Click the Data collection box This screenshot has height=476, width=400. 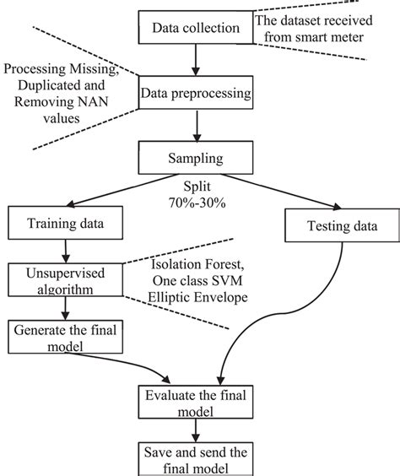tap(197, 30)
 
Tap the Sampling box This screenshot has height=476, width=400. tap(199, 158)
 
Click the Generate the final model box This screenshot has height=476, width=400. tap(62, 338)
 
